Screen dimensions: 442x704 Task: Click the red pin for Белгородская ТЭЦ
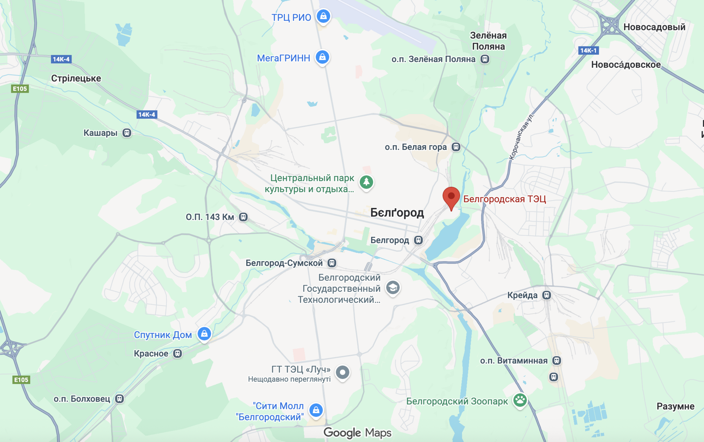coord(451,197)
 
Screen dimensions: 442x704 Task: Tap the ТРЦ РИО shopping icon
coord(323,16)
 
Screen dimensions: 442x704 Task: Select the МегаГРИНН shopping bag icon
coord(322,57)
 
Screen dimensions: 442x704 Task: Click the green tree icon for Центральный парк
coord(366,182)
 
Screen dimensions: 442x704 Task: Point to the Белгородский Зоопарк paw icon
coord(520,400)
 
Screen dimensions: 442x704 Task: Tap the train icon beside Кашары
coord(127,133)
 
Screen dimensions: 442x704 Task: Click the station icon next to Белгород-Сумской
coord(332,263)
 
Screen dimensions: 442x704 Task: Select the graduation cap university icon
coord(392,288)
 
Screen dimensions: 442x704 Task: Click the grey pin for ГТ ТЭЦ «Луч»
coord(342,372)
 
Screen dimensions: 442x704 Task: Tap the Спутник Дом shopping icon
coord(204,334)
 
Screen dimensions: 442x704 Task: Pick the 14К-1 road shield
coord(588,51)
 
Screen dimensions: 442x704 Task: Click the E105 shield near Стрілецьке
coord(20,89)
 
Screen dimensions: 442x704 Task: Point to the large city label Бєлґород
coord(397,213)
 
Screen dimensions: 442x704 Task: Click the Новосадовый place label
coord(654,27)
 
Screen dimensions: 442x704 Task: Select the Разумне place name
coord(675,406)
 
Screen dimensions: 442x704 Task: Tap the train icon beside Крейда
coord(546,295)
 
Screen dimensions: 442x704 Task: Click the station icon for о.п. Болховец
coord(120,399)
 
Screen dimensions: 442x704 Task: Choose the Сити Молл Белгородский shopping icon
coord(316,410)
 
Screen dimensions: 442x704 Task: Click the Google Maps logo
coord(357,432)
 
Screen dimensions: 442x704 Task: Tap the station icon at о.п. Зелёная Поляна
coord(485,59)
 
